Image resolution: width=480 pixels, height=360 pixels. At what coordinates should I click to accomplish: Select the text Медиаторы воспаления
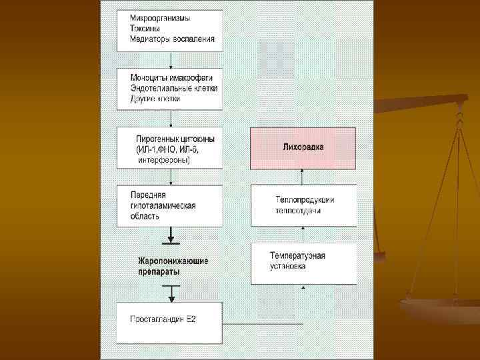tap(172, 39)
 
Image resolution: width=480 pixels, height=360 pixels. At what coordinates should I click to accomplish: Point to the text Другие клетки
tap(157, 99)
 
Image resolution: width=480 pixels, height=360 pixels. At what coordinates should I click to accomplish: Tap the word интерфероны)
tap(164, 160)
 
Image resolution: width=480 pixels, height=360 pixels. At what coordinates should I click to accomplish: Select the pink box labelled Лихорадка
tap(303, 147)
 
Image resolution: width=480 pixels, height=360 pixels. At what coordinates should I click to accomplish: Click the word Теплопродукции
tap(305, 199)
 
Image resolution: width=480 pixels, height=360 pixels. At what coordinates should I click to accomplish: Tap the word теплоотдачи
tap(298, 211)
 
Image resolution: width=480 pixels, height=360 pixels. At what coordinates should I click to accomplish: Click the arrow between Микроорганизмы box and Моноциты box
tap(171, 60)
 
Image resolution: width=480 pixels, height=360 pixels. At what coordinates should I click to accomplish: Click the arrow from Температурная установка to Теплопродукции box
tap(303, 235)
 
